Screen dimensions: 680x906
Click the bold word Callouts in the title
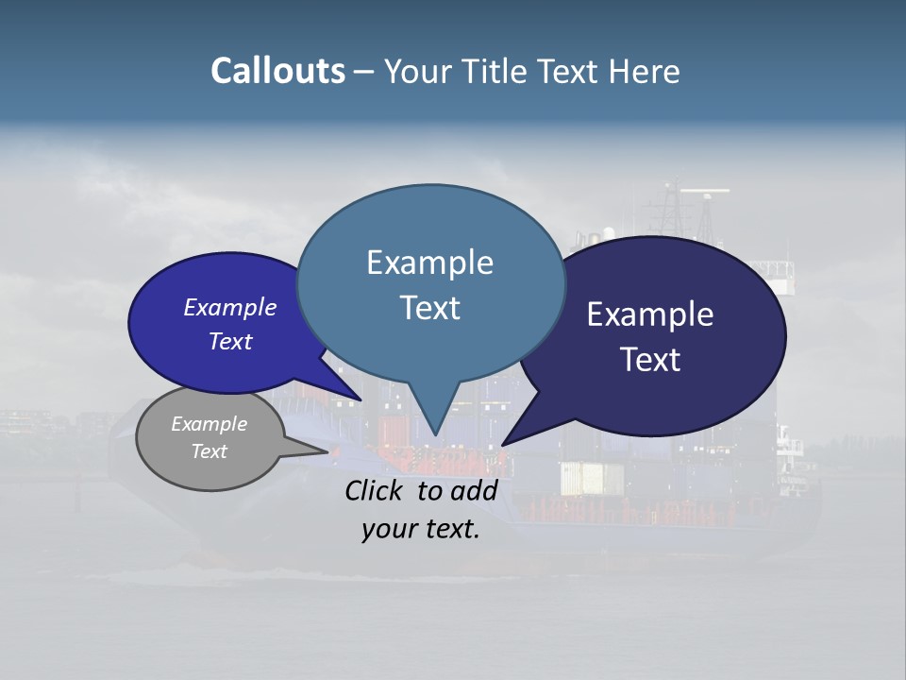click(x=277, y=71)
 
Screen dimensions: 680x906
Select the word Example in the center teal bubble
click(x=429, y=263)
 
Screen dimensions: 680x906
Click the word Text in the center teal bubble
click(x=429, y=308)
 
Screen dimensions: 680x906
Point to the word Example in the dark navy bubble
click(x=650, y=314)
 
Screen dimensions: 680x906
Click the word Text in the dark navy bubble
click(x=650, y=360)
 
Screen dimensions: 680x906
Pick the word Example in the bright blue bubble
click(x=229, y=307)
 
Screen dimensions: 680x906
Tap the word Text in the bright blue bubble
click(x=229, y=341)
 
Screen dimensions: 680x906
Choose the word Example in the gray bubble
click(x=209, y=424)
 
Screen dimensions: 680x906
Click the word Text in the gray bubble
click(x=209, y=451)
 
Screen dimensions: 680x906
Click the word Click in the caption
click(x=376, y=490)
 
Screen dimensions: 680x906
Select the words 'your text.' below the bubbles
click(x=421, y=530)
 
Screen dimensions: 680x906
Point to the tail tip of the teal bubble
click(x=435, y=435)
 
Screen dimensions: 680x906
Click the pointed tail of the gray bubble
click(x=327, y=451)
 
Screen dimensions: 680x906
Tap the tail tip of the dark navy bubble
click(x=503, y=444)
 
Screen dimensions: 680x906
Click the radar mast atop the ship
click(x=703, y=194)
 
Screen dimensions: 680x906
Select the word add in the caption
click(x=474, y=490)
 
